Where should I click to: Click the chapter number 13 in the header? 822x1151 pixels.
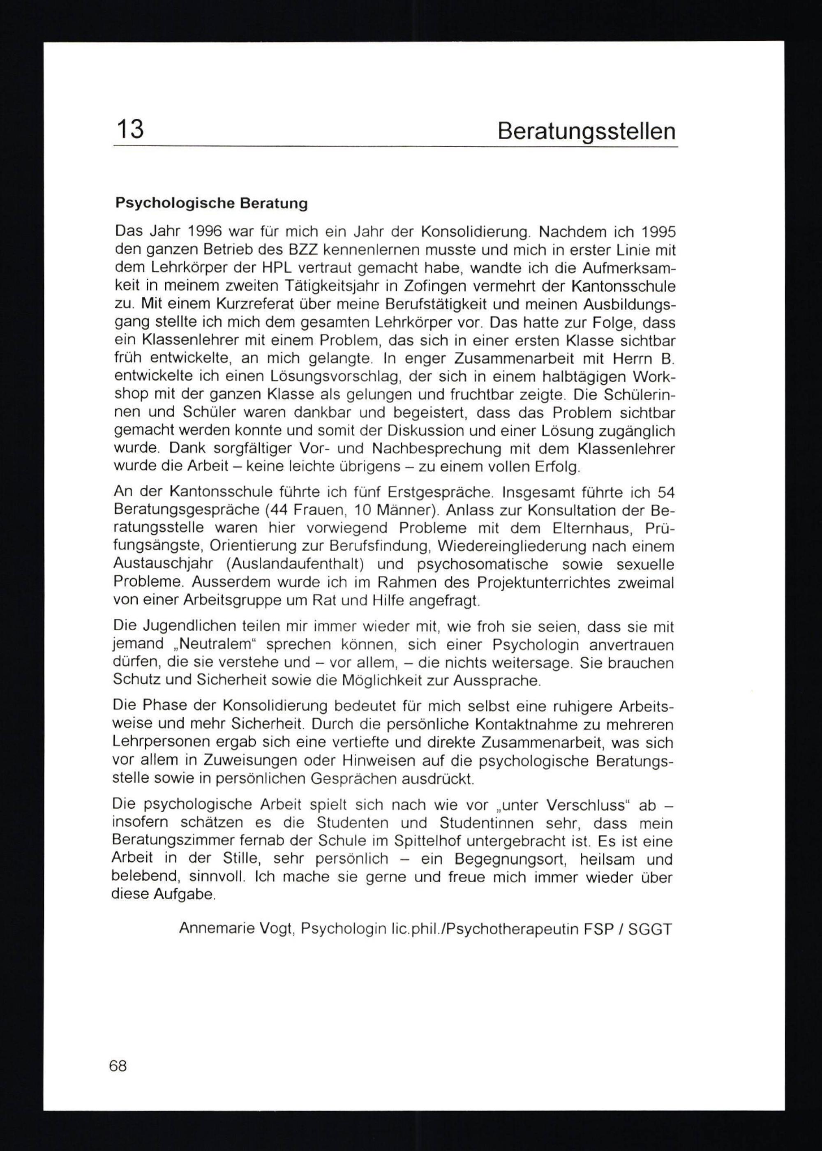131,129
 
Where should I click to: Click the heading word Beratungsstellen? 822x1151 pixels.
586,131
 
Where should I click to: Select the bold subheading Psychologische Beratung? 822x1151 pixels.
211,203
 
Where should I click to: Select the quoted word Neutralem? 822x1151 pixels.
214,645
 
